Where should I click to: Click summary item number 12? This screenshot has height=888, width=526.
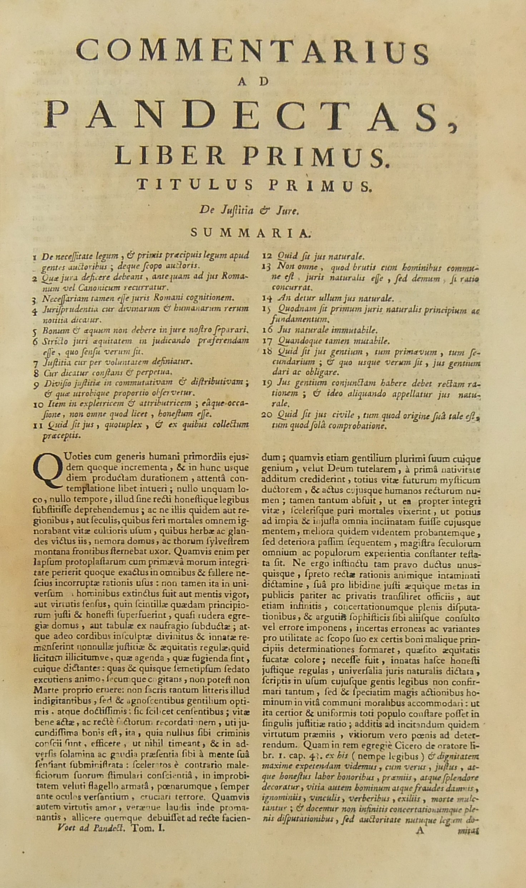tap(267, 256)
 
